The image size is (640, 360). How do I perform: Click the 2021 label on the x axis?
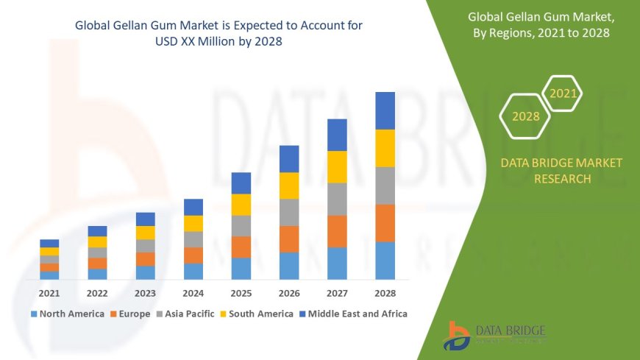[49, 293]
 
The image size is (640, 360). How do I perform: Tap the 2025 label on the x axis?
[241, 293]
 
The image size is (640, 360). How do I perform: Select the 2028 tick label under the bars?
[385, 293]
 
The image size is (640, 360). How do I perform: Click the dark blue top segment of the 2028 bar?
[385, 110]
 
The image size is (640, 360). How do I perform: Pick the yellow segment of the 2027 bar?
[337, 166]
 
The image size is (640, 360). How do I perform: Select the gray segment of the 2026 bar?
[289, 212]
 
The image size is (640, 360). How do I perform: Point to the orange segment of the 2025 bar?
[241, 247]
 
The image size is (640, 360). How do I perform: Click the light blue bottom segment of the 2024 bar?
[193, 271]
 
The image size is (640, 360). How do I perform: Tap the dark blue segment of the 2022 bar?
[97, 231]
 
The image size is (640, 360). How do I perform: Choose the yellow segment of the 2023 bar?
[146, 233]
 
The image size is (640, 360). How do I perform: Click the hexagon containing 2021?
[563, 93]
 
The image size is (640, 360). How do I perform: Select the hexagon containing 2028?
[525, 116]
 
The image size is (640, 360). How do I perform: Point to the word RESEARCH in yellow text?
[561, 179]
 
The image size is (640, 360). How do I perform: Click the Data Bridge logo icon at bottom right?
[457, 336]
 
